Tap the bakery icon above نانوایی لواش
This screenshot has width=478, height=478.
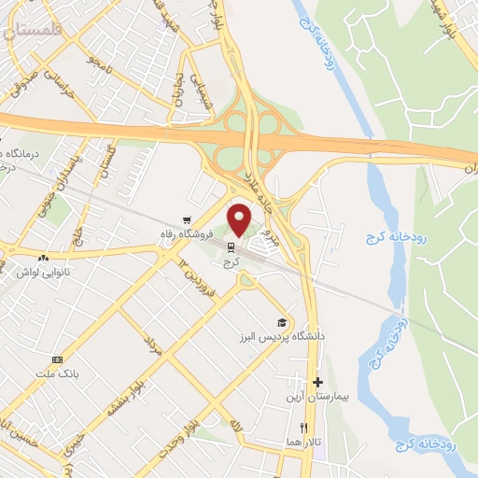tap(43, 258)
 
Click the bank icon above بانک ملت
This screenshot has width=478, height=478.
tap(57, 359)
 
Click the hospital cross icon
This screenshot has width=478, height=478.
tap(318, 382)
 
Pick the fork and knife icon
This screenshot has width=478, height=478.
tap(303, 428)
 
